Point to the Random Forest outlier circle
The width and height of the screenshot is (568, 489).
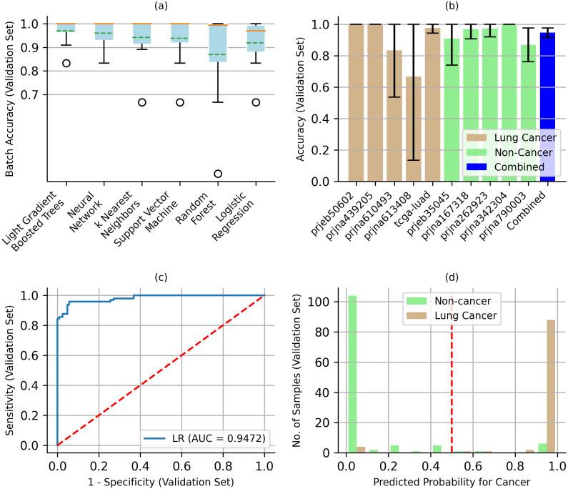[217, 174]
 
